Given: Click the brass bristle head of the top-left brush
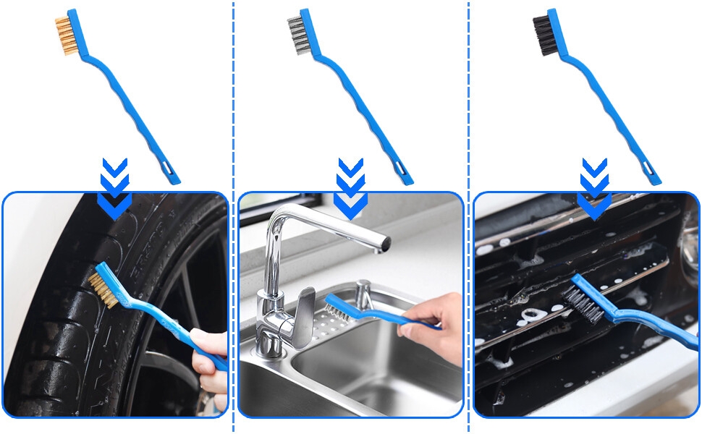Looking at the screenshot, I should (x=63, y=35).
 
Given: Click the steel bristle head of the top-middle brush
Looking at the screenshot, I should (x=296, y=35).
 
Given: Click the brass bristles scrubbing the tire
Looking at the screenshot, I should (x=103, y=289).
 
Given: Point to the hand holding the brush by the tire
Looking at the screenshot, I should (x=210, y=362).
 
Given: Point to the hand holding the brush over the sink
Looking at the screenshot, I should (x=434, y=322).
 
